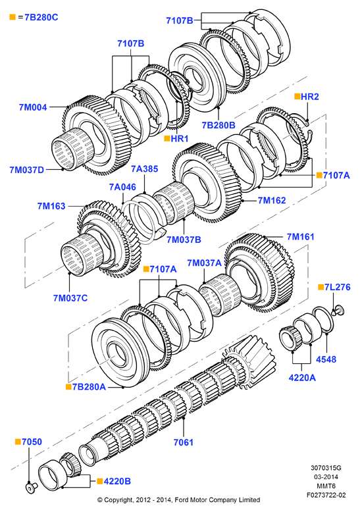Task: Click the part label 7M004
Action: click(33, 107)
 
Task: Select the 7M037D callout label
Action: click(26, 170)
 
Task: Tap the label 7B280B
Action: click(219, 125)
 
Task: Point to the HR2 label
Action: click(310, 97)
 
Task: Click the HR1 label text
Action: click(180, 138)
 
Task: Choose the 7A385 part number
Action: click(145, 169)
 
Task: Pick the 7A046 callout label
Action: click(122, 187)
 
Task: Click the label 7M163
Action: click(51, 206)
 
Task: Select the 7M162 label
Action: click(272, 200)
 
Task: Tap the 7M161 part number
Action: click(300, 237)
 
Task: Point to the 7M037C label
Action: click(70, 298)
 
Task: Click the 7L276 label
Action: click(338, 287)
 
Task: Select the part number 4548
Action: click(326, 359)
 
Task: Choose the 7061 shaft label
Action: click(184, 442)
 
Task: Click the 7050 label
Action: click(32, 442)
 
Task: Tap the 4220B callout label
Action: click(117, 481)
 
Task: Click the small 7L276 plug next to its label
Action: click(338, 310)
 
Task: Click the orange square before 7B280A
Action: click(68, 387)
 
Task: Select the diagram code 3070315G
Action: click(326, 468)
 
